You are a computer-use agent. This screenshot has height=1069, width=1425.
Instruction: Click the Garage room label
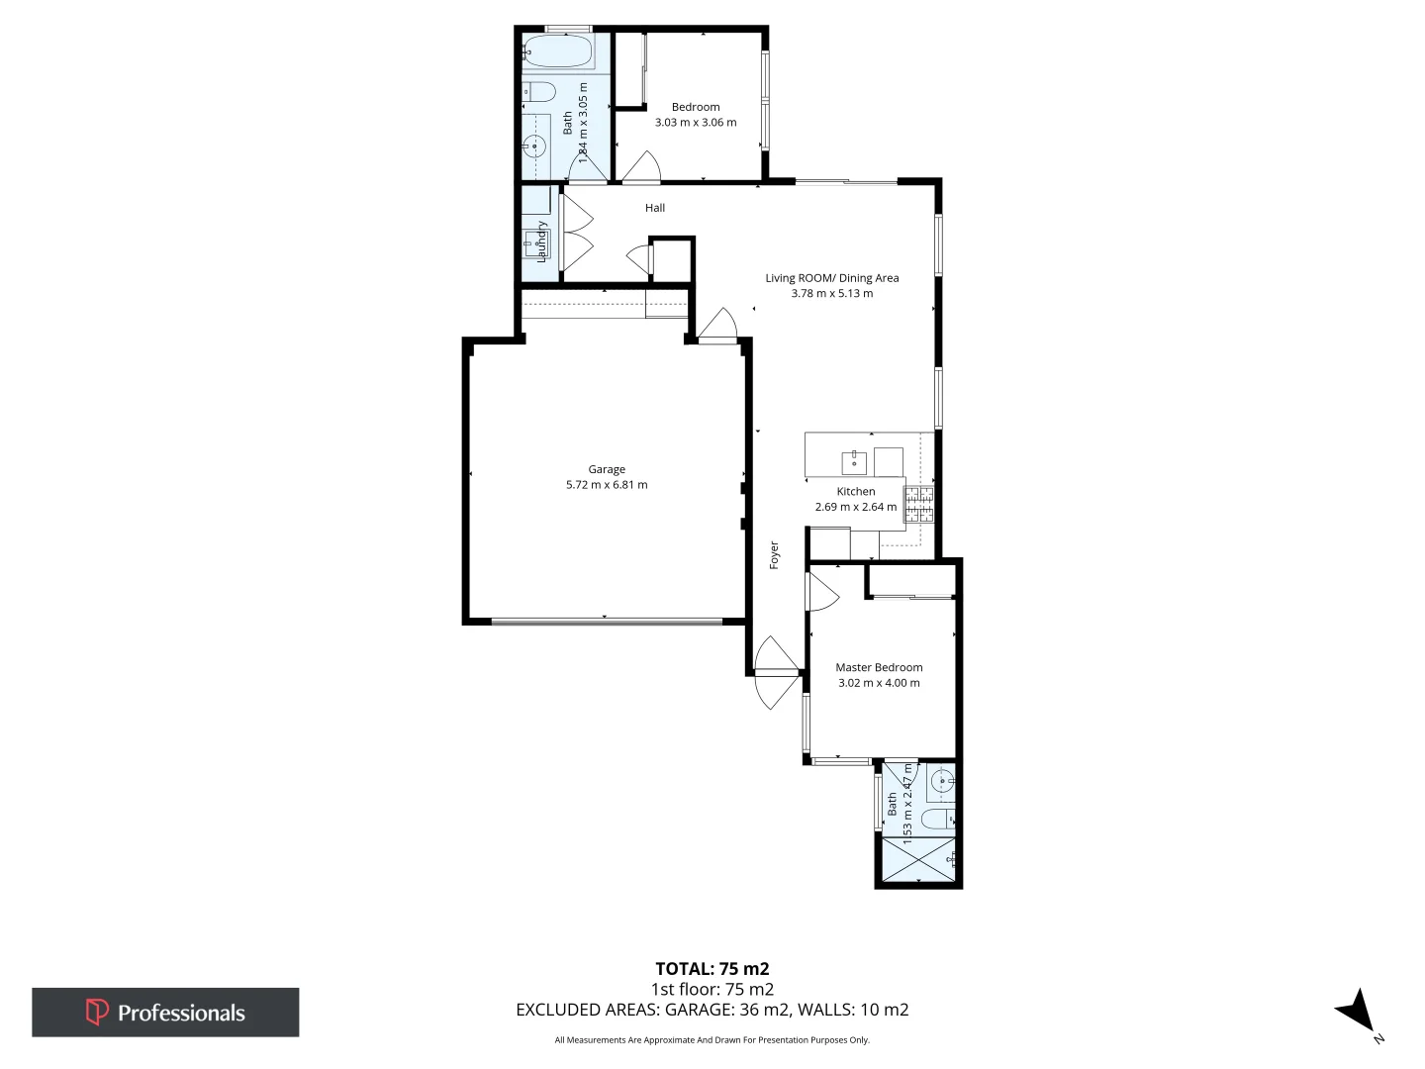click(607, 469)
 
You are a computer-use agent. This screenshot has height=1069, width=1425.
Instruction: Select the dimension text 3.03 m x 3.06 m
click(696, 123)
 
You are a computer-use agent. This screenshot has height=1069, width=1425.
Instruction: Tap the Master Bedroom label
click(879, 667)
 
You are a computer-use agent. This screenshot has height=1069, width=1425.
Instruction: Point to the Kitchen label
click(856, 491)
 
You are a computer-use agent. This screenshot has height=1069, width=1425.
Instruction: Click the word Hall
click(655, 208)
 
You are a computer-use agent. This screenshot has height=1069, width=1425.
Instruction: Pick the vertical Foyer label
click(774, 555)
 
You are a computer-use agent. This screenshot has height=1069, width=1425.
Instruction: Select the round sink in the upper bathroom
click(535, 146)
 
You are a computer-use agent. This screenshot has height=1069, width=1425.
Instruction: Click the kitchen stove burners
click(918, 504)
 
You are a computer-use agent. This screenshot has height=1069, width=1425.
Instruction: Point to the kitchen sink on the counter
click(854, 462)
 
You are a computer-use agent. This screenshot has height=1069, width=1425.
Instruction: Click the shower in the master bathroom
click(919, 859)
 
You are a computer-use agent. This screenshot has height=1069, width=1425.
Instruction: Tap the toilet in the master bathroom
click(936, 819)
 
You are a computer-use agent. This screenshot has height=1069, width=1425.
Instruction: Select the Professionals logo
click(165, 1012)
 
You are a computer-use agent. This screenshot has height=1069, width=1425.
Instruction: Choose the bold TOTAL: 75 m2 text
click(712, 969)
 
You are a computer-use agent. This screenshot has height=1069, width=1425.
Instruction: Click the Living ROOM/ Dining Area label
click(831, 278)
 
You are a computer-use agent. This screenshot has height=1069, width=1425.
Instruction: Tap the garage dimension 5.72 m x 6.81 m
click(607, 485)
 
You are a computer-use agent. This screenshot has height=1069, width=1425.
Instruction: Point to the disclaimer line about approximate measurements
click(712, 1040)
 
